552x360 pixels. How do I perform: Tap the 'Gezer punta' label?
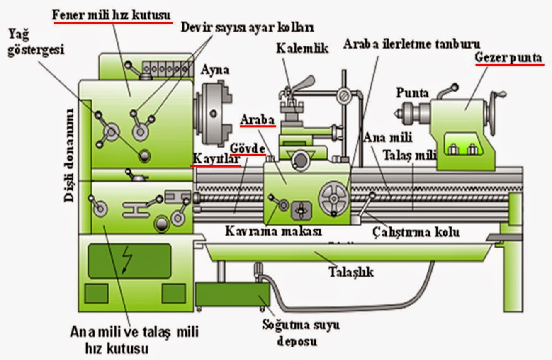(508, 58)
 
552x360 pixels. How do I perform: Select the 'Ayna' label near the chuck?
(215, 70)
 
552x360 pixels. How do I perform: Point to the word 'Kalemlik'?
(302, 48)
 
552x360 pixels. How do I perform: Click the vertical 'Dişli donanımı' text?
(70, 155)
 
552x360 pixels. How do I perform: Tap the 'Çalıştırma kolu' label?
(415, 231)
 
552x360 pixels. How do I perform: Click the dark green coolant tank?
(232, 295)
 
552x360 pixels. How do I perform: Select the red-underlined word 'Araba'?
(258, 120)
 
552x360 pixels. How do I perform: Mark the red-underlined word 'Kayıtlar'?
(215, 159)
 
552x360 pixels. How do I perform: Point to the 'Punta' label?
(412, 92)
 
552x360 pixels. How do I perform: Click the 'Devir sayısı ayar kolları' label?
(248, 28)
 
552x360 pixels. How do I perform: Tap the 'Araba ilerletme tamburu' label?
(411, 44)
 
